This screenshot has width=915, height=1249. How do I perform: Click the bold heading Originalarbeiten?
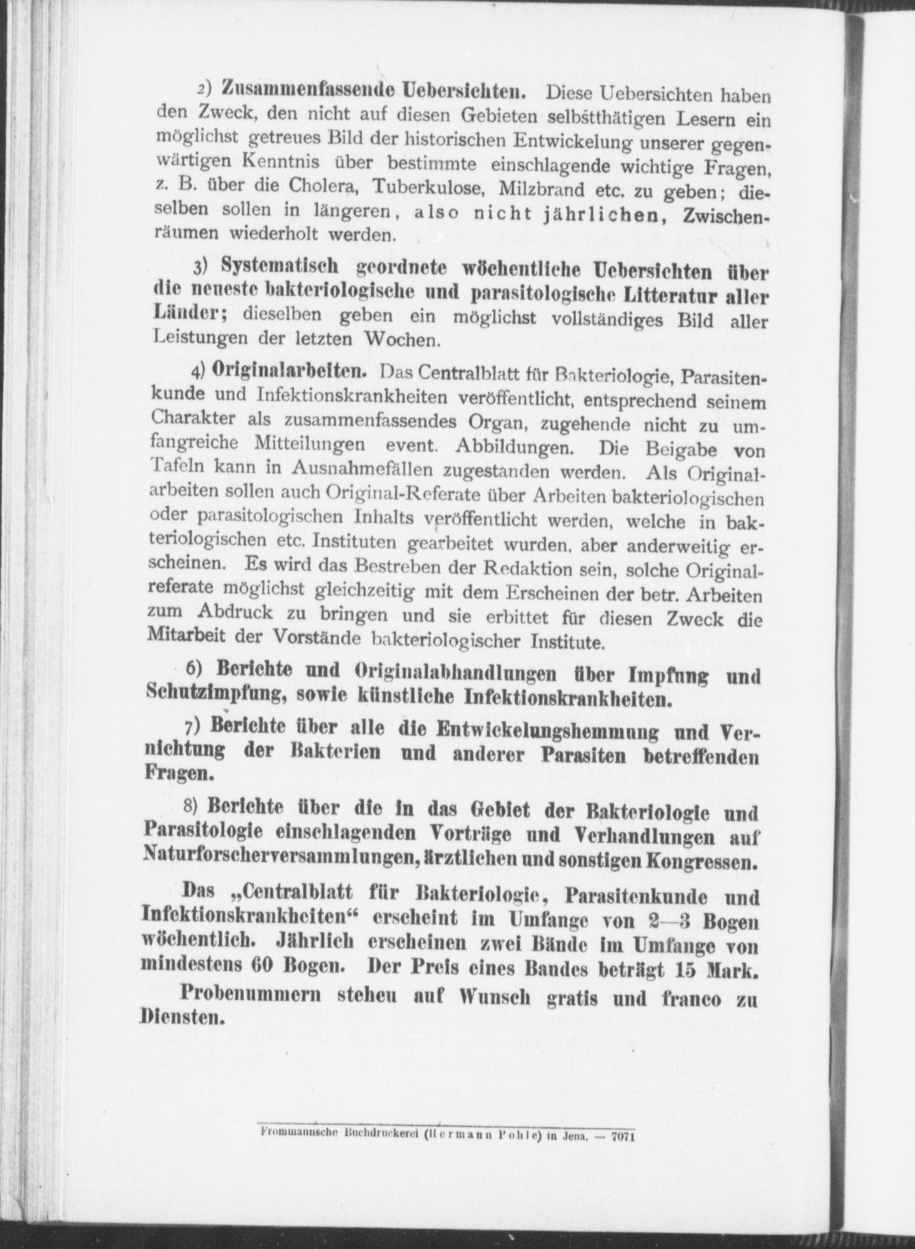(289, 369)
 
